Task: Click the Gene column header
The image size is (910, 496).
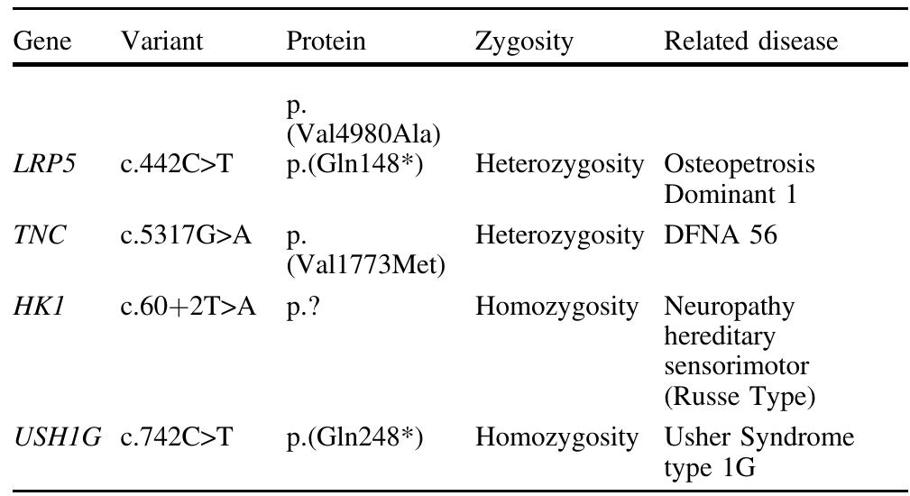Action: coord(41,41)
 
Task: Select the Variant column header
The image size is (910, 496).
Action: coord(162,41)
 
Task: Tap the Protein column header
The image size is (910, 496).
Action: coord(326,41)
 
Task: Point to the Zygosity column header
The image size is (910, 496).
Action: coord(524,41)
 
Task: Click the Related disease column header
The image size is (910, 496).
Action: coord(751,41)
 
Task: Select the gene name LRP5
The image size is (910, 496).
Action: coord(44,164)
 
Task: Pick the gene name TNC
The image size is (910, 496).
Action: coord(40,235)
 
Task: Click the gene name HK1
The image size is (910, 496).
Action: coord(37,307)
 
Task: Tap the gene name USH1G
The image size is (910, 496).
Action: coord(57,436)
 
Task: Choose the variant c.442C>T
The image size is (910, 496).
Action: coord(177,164)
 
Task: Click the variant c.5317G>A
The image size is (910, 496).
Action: coord(186,235)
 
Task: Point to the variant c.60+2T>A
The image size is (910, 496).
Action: coord(188,307)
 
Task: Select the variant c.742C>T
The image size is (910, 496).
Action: coord(177,436)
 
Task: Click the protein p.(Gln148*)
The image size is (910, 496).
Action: coord(354,165)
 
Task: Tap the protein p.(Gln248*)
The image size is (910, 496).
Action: coord(354,437)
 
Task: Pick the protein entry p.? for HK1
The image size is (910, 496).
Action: coord(303,308)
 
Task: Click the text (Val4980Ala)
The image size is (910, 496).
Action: coord(363,135)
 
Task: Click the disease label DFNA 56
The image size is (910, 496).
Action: coord(721,235)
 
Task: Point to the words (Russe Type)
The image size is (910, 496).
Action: coord(740,397)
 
